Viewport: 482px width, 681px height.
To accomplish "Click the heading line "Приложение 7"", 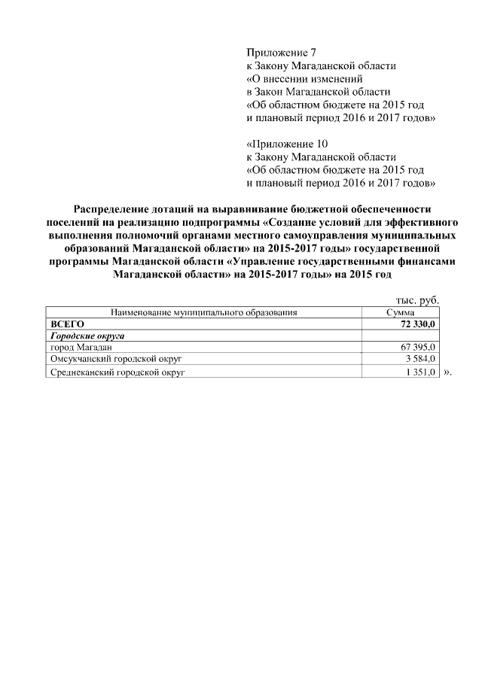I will pos(276,53).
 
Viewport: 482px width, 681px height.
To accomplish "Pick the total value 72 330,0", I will pos(413,323).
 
